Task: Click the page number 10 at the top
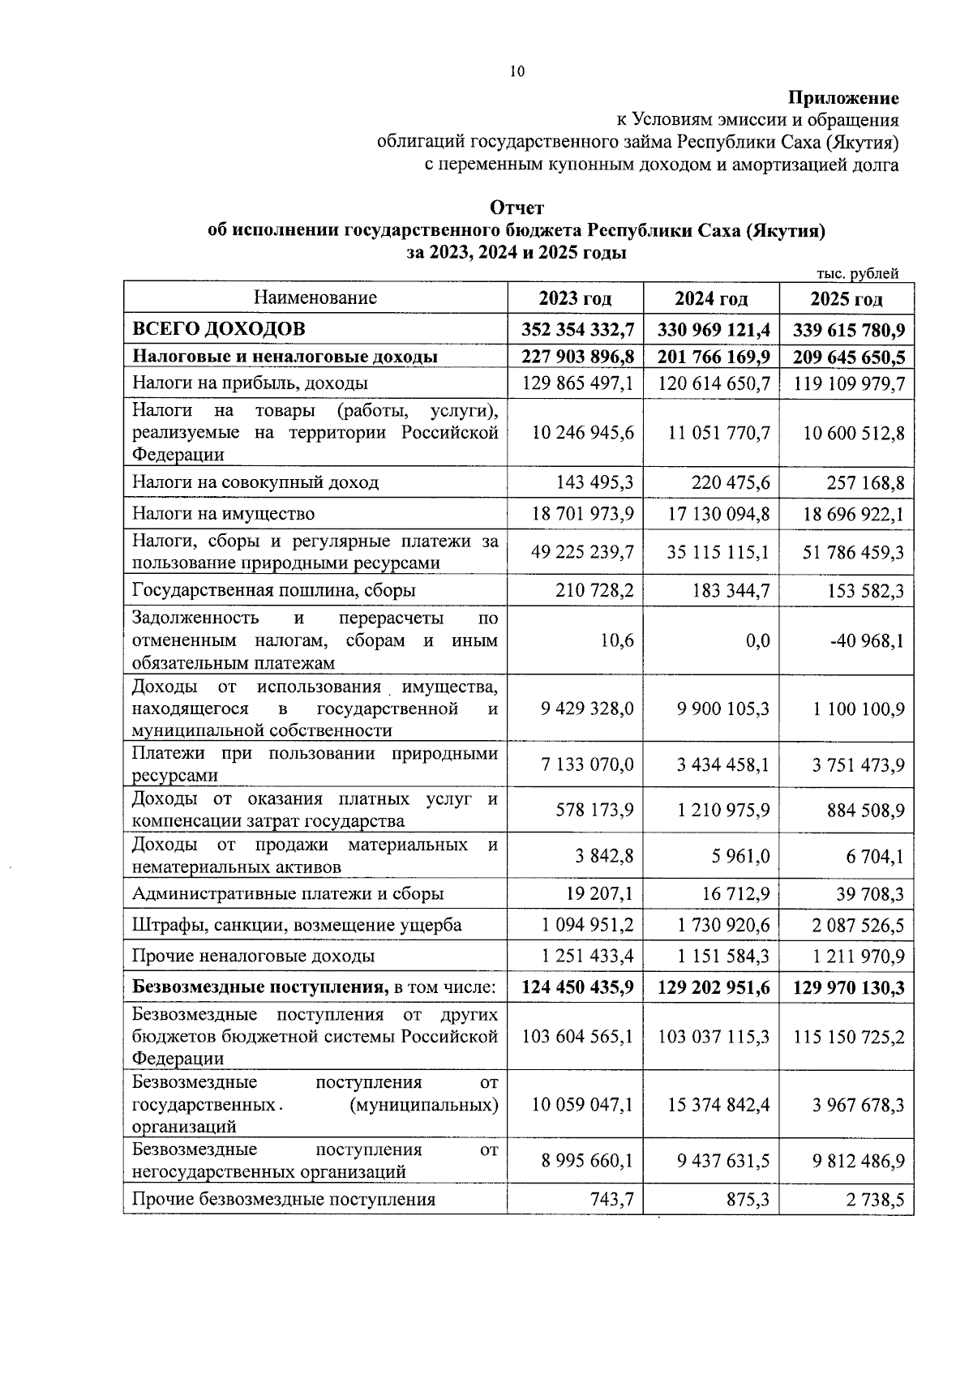click(x=517, y=72)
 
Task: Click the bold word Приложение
click(x=844, y=99)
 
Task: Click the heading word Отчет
click(x=517, y=208)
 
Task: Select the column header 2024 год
click(x=711, y=299)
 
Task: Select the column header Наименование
click(x=315, y=297)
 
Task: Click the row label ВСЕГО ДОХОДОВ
click(x=219, y=329)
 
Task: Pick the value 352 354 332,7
click(x=577, y=331)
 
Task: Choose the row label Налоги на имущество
click(x=224, y=513)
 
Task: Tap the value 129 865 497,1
click(x=577, y=383)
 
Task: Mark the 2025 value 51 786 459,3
click(x=853, y=553)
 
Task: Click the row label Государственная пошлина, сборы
click(x=274, y=590)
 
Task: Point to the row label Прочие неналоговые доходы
click(x=254, y=956)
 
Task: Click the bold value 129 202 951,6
click(x=713, y=988)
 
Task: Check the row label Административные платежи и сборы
click(x=288, y=894)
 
